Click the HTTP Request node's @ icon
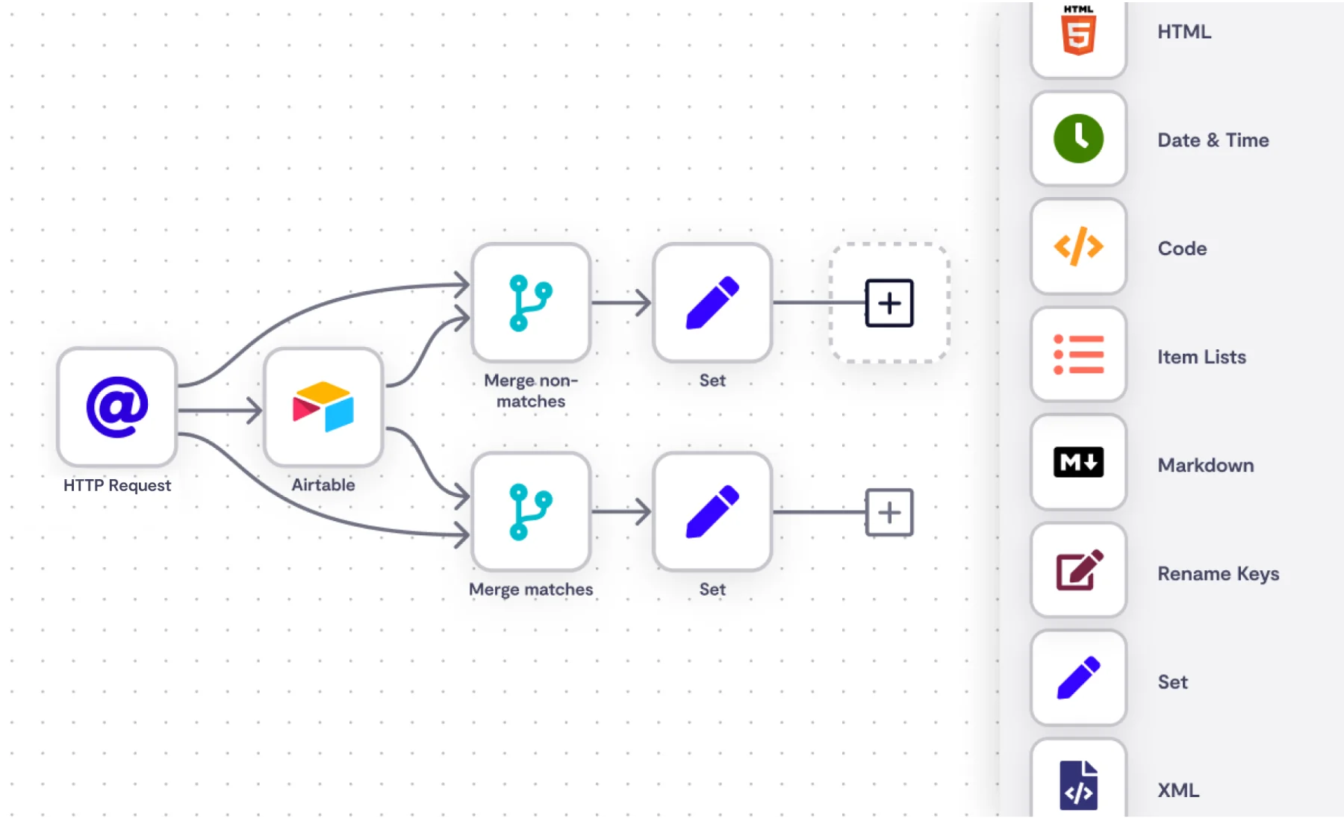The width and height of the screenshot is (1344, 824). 117,407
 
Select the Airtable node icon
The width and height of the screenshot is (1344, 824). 323,407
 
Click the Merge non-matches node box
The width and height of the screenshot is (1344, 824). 531,303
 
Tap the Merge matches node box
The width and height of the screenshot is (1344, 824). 531,512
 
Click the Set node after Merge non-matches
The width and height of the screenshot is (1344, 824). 712,303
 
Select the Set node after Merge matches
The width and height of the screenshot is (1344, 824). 712,512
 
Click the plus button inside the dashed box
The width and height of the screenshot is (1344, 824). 889,303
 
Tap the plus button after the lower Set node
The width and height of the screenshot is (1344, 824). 889,512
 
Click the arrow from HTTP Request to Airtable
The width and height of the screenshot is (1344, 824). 220,410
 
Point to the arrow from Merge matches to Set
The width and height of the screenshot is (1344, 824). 621,512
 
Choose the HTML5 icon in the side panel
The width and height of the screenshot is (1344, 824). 1078,31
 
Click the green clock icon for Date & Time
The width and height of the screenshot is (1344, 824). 1078,139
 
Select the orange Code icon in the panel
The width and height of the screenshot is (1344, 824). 1078,247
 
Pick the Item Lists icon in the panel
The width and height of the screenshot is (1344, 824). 1078,355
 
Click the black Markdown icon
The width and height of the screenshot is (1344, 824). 1078,463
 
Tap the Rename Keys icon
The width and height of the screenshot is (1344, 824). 1078,571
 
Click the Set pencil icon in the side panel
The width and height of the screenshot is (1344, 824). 1078,678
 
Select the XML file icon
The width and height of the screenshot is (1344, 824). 1078,785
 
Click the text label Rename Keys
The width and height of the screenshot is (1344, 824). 1218,573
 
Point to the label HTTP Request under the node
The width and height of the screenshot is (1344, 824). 117,485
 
